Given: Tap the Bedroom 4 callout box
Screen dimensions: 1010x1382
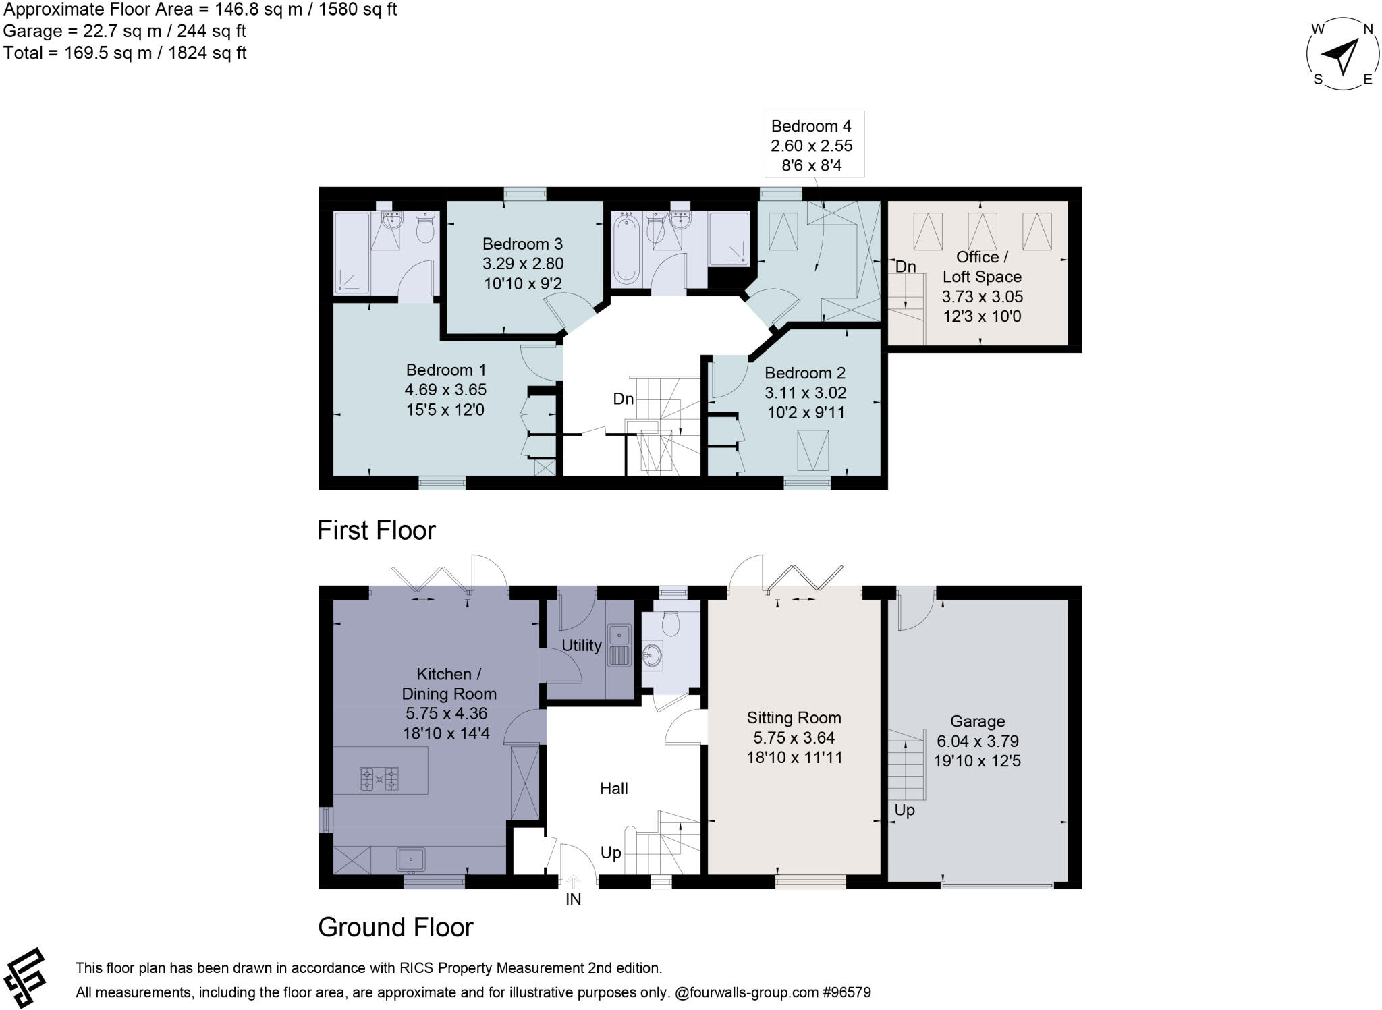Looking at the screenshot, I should (814, 145).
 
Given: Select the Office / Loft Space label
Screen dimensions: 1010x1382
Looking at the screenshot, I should (982, 267).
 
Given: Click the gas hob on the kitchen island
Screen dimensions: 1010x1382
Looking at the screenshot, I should (379, 779).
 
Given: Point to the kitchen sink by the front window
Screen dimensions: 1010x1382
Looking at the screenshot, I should (410, 859).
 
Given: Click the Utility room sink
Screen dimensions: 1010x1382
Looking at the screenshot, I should (619, 635).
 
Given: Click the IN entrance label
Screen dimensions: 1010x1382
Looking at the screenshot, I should (573, 899).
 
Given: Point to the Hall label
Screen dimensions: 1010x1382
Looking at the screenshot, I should (614, 788).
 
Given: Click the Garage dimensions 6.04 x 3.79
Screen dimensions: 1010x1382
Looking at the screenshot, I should (977, 741).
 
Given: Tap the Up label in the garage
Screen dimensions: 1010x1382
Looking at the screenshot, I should (904, 810).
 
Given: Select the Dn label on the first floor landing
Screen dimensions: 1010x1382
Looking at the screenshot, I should (623, 399).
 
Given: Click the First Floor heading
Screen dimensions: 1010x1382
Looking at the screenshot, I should (377, 530).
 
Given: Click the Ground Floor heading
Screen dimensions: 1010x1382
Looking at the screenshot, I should (395, 927).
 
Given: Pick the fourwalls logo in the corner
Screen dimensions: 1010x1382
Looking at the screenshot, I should (25, 978).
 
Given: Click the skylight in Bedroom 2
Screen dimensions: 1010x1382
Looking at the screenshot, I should (812, 450).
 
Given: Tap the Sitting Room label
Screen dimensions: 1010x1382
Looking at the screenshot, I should (794, 718).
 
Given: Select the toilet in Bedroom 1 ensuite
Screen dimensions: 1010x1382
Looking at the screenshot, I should (424, 230).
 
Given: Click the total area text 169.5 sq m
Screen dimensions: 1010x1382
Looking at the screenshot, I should (125, 53).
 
